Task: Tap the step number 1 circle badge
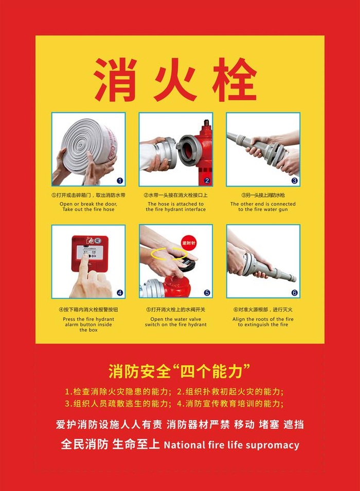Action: [119, 180]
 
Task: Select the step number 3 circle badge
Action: [294, 180]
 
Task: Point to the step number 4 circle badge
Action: [119, 293]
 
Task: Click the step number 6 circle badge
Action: [294, 293]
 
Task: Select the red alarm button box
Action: [89, 252]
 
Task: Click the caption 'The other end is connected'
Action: [263, 204]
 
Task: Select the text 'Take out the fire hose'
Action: [88, 210]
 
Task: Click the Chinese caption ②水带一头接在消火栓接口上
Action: [175, 195]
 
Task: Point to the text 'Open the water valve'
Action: [175, 319]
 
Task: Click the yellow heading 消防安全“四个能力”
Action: [179, 370]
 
